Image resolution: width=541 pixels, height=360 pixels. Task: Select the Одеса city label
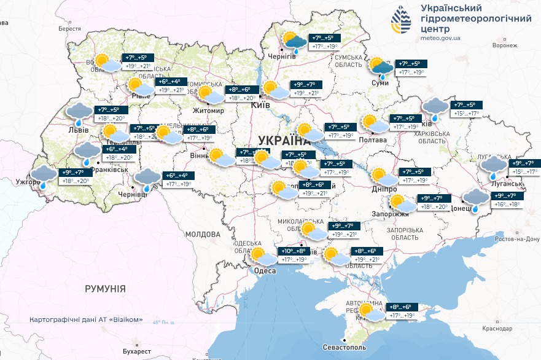[265, 271]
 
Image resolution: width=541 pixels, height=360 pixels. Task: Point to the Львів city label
[79, 130]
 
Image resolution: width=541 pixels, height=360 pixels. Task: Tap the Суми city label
[381, 83]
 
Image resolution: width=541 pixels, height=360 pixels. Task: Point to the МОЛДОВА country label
[202, 234]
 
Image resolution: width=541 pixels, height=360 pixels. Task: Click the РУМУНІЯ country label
[105, 288]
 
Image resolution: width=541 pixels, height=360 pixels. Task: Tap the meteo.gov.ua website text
[442, 37]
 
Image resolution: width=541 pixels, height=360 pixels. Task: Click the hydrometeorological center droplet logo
[402, 20]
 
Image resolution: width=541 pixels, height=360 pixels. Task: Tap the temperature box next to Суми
[411, 68]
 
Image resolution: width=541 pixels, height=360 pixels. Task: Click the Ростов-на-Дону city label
[516, 239]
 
